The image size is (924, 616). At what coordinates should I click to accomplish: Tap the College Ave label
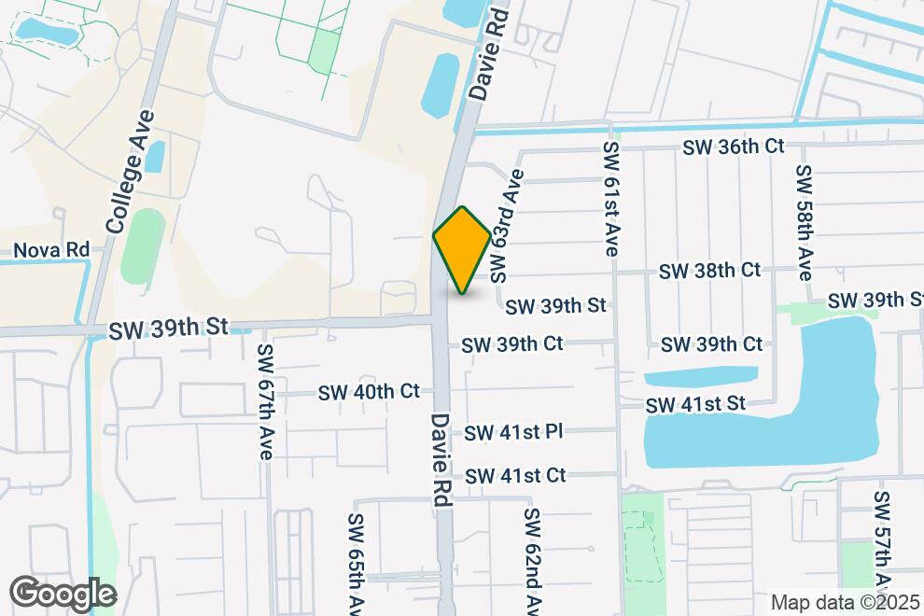tap(130, 172)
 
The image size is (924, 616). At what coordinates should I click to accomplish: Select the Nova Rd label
tap(51, 250)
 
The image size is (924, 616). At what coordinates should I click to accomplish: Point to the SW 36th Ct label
tap(733, 147)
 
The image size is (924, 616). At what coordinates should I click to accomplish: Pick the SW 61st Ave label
tap(611, 200)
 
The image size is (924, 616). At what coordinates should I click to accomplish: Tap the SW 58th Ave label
tap(805, 221)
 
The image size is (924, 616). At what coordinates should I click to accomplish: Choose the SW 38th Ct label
tap(709, 271)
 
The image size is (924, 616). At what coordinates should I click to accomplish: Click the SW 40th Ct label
tap(369, 391)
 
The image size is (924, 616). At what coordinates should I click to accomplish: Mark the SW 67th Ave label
tap(265, 402)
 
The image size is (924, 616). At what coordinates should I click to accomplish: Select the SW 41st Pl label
tap(513, 431)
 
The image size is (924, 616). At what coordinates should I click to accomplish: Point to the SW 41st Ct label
tap(515, 475)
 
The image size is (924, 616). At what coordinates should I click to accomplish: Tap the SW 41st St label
tap(697, 404)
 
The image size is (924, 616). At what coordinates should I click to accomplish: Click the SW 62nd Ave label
tap(532, 560)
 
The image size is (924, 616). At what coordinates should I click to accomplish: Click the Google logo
tap(63, 593)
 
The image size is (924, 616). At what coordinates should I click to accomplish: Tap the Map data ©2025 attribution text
tap(845, 603)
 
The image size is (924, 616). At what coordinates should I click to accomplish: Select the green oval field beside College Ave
tap(143, 246)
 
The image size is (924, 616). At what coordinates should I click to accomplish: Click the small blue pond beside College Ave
tap(154, 156)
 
